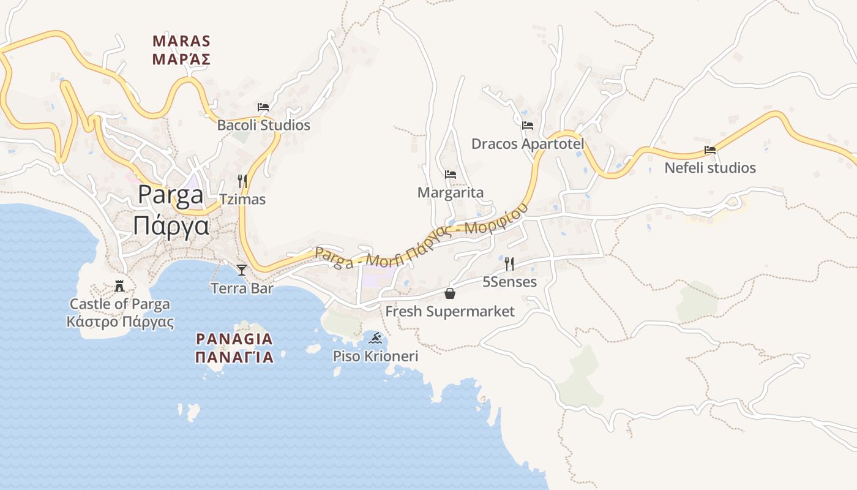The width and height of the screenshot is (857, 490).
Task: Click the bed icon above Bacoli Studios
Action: [x=263, y=107]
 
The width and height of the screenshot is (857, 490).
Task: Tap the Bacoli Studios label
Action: [x=264, y=125]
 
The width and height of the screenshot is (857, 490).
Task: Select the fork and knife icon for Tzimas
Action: [x=242, y=181]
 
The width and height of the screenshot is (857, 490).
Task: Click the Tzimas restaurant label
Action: [x=242, y=199]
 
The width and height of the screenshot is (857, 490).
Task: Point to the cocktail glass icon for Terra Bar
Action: [x=242, y=270]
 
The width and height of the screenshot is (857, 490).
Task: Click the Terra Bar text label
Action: [x=242, y=288]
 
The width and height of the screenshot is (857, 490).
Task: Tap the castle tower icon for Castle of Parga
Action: [x=119, y=286]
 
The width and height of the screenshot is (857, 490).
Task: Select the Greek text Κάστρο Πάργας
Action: [x=120, y=322]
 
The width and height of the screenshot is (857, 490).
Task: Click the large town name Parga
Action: [x=171, y=194]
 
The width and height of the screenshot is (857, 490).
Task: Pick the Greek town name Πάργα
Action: [x=171, y=225]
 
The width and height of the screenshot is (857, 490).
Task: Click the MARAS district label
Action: [x=181, y=42]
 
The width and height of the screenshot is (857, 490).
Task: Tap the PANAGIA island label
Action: [x=234, y=339]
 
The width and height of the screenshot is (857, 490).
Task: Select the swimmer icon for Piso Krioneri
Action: [x=375, y=338]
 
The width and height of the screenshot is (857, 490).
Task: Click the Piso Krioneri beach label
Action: [x=375, y=356]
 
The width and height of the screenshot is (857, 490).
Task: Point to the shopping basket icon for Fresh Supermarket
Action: [x=450, y=293]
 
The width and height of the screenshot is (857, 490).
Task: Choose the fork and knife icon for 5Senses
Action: [x=509, y=264]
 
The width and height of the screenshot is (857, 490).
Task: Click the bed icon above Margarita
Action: [x=451, y=175]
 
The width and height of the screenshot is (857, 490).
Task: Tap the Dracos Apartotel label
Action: [x=528, y=144]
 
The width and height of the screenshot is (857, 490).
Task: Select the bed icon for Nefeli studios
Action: [x=710, y=149]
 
